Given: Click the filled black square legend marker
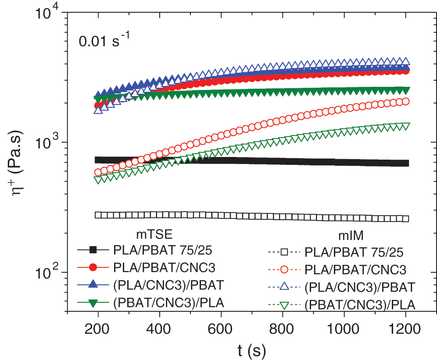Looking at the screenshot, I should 93,250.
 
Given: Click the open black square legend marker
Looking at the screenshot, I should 284,252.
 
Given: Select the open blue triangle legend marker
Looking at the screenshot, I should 284,286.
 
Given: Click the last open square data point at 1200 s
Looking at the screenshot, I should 406,219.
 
